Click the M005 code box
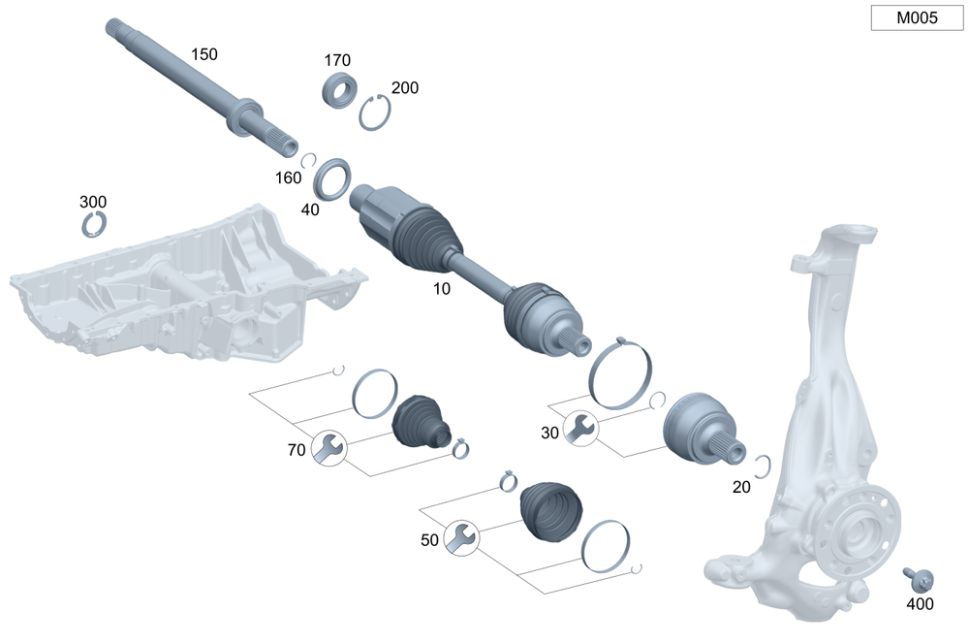click(917, 17)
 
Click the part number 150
click(203, 54)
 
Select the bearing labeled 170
click(339, 90)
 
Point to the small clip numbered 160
click(310, 160)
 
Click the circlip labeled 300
click(94, 224)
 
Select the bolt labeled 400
click(919, 580)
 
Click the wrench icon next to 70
click(328, 448)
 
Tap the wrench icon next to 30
click(580, 428)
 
